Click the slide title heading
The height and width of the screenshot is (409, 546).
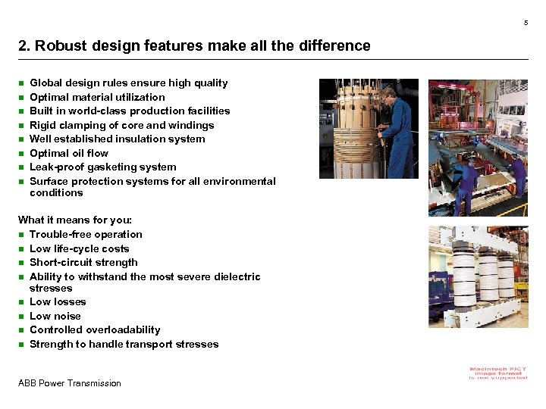(x=194, y=45)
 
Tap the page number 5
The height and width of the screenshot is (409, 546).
(x=526, y=22)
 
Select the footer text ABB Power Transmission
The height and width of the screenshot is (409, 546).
(x=69, y=383)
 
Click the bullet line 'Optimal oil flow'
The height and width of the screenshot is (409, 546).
(x=69, y=153)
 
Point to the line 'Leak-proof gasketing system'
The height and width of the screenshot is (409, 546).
(x=102, y=167)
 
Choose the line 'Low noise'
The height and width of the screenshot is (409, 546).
(x=55, y=316)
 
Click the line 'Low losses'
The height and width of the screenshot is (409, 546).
(x=58, y=301)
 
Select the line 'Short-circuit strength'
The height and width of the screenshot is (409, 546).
(x=83, y=262)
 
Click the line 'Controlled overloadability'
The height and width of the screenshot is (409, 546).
(x=95, y=329)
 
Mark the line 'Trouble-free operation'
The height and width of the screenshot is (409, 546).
(x=86, y=234)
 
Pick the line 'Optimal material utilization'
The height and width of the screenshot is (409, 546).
(x=97, y=97)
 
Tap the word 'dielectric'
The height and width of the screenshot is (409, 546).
(x=236, y=276)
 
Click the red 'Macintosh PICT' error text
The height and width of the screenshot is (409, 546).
(x=497, y=373)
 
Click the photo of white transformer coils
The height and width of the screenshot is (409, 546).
(x=478, y=280)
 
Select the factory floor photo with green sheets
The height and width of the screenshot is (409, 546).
(x=478, y=148)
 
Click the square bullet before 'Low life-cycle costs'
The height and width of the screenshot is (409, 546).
(x=22, y=248)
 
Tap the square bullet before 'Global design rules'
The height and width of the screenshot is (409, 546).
(x=22, y=83)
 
